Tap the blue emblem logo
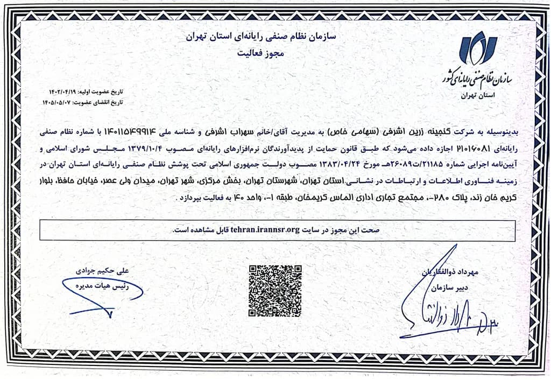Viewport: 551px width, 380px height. click(478, 48)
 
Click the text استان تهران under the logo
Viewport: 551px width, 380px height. click(478, 95)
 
